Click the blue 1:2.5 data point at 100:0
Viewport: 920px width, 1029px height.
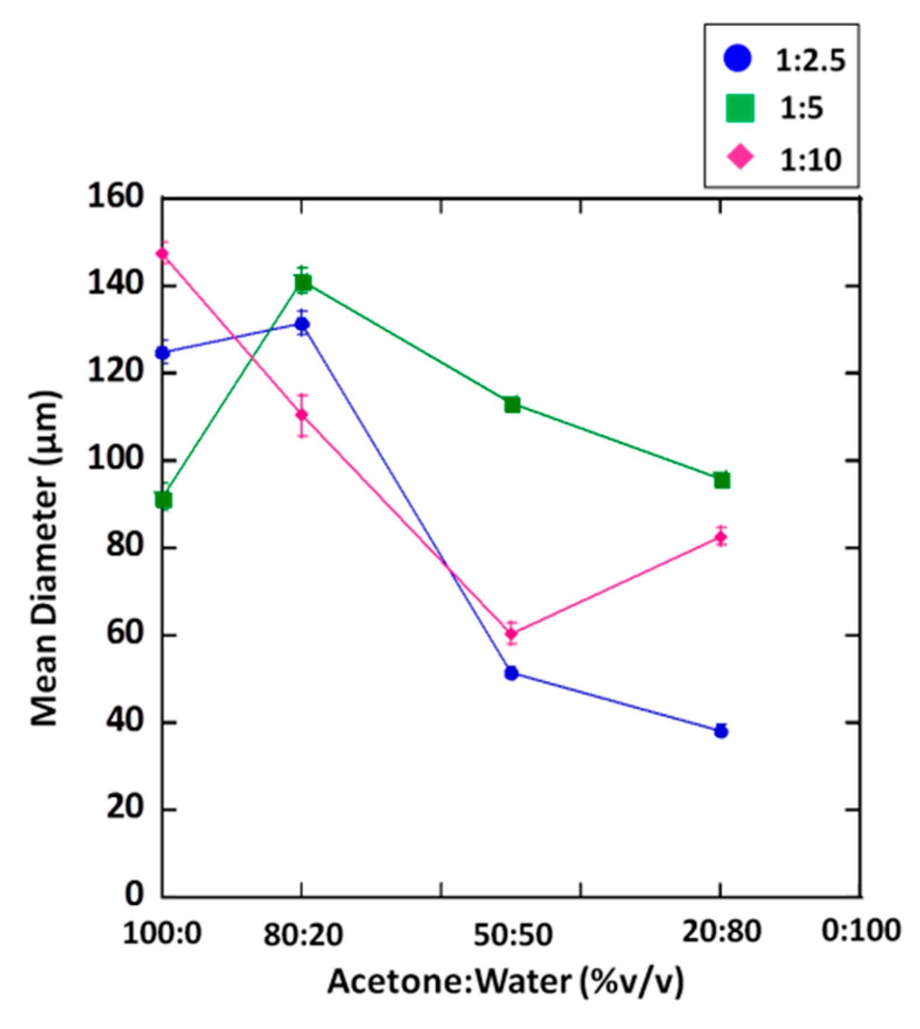(162, 353)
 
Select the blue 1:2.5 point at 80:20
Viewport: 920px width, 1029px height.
(302, 324)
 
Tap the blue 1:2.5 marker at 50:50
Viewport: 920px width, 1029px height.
(512, 673)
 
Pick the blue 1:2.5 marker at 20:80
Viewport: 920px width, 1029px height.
(721, 731)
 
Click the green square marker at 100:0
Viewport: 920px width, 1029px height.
(163, 500)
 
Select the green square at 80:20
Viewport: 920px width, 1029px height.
(303, 284)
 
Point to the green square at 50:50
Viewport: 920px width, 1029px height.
(512, 404)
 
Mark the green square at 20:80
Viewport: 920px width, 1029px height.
(722, 480)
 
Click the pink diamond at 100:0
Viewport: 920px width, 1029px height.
(162, 254)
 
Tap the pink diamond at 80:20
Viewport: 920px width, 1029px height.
(302, 415)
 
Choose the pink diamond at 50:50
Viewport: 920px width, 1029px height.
(512, 633)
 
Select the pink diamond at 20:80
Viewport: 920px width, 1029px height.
(721, 537)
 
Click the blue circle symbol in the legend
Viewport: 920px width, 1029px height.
(738, 58)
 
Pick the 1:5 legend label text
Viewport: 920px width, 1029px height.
(802, 109)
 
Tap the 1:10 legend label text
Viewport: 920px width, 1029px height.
(811, 159)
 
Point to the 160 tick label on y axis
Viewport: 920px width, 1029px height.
(116, 197)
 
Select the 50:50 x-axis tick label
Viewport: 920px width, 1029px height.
(512, 934)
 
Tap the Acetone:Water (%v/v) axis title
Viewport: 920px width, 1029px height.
(505, 982)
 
